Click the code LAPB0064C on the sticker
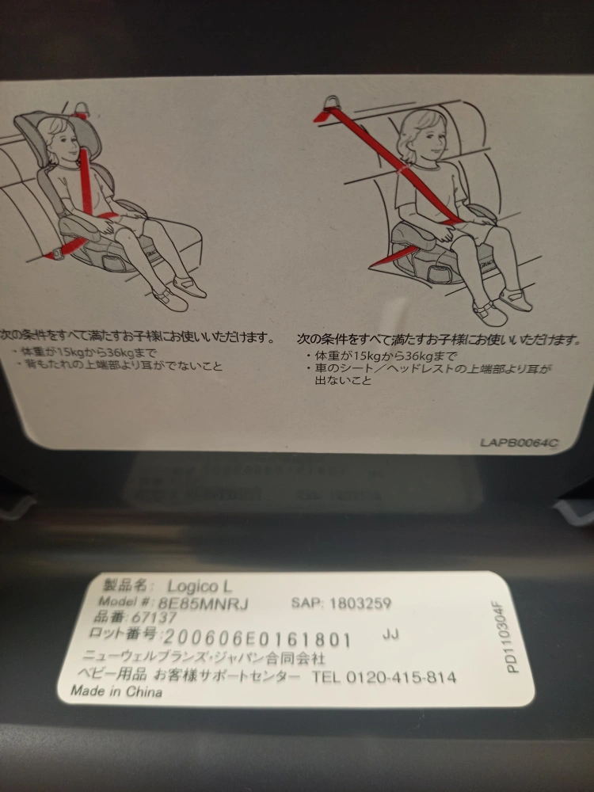(x=519, y=443)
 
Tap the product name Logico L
(x=200, y=586)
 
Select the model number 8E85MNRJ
(x=203, y=603)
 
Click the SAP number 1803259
(x=360, y=603)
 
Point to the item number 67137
(x=154, y=617)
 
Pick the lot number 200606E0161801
(x=257, y=639)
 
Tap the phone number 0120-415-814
(x=401, y=677)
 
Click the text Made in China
(x=116, y=691)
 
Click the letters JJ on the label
(x=390, y=634)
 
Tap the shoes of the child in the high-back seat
(x=179, y=293)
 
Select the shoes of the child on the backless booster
(x=502, y=306)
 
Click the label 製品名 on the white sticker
(x=125, y=585)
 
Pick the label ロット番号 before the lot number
(x=123, y=633)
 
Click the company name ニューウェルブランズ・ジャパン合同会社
(x=203, y=657)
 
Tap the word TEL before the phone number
(x=326, y=676)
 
